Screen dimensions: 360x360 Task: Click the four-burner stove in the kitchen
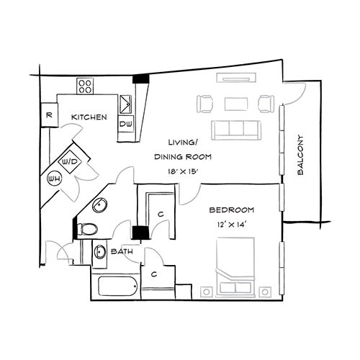point(86,86)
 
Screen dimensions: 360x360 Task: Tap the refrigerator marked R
point(48,114)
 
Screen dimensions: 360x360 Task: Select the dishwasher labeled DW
point(125,124)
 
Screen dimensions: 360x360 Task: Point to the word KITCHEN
point(89,117)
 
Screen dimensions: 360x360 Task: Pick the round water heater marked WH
point(54,178)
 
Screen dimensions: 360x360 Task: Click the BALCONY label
point(300,155)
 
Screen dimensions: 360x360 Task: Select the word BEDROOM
point(231,210)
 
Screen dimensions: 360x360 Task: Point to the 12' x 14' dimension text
point(231,226)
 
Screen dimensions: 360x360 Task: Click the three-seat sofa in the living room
point(235,130)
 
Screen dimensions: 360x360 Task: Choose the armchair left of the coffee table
point(205,104)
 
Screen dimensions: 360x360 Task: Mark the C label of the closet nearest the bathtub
point(155,274)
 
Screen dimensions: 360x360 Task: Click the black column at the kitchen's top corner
point(143,78)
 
